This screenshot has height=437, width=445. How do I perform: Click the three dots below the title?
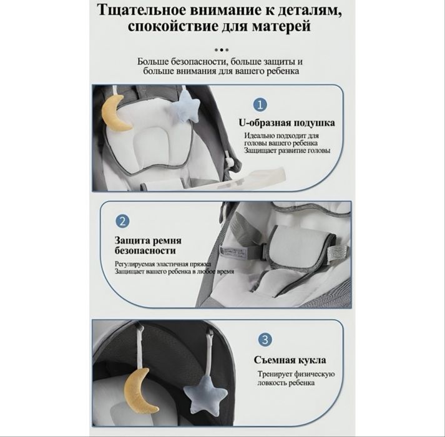coord(222,49)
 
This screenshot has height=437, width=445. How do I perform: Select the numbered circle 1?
coord(260,104)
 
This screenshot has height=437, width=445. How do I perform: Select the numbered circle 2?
coord(123,221)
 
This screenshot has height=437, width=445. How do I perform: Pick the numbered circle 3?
coord(266,340)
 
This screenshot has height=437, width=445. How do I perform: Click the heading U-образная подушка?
coord(286,122)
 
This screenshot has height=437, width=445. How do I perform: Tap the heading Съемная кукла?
coord(290,360)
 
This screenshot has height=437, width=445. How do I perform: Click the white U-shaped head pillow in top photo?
coord(153,148)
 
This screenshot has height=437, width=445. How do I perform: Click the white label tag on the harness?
coord(242,250)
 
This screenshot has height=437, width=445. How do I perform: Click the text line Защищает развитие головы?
coord(287,151)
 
